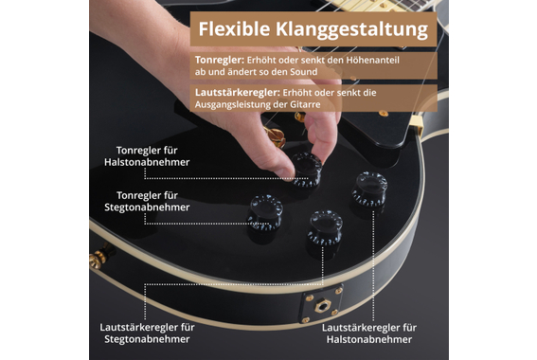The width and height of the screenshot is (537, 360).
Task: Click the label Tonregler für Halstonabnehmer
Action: click(x=147, y=156)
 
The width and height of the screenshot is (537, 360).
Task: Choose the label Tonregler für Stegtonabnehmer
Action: click(x=147, y=201)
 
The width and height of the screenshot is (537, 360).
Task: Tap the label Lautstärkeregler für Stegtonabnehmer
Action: click(x=147, y=333)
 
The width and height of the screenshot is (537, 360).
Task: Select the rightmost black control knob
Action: click(x=369, y=189)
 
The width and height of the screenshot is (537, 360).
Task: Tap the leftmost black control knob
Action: click(x=265, y=212)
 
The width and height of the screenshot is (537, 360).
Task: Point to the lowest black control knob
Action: click(x=325, y=227)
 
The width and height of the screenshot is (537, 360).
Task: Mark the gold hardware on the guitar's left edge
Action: click(x=97, y=259)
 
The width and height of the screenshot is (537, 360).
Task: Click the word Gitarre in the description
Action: click(x=300, y=104)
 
